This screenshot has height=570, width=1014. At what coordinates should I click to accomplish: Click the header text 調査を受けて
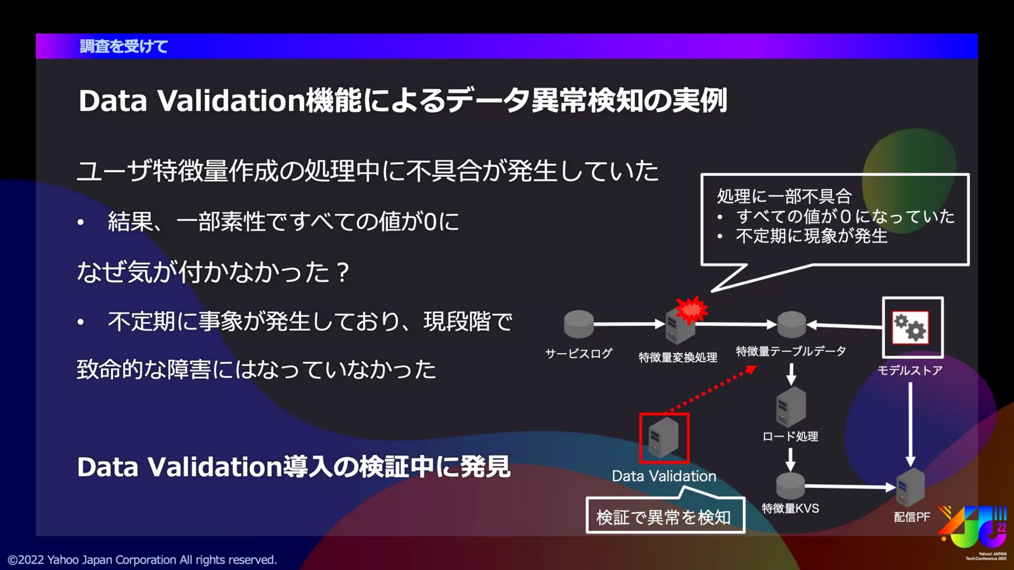point(124,47)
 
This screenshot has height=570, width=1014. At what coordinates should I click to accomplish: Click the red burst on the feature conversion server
point(692,310)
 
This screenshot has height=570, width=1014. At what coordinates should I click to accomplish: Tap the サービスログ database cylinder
point(578,325)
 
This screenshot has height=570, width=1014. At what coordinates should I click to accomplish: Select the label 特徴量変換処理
point(678,357)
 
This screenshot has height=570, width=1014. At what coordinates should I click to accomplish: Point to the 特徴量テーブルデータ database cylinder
point(791,325)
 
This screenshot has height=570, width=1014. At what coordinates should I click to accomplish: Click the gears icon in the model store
point(910,327)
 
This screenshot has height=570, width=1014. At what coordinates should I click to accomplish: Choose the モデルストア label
point(910,370)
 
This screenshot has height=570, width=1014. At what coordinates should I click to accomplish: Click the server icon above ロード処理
point(791,407)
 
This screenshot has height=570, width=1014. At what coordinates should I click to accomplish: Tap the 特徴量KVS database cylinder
point(790,486)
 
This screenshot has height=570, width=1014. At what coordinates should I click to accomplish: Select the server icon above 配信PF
point(911,487)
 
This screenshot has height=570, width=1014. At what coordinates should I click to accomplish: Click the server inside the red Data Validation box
point(663,437)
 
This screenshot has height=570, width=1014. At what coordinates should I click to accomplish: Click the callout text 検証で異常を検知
point(663,518)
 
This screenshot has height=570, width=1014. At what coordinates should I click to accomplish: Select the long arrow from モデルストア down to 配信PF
point(910,423)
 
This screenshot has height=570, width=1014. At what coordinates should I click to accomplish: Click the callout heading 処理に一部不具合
point(784,196)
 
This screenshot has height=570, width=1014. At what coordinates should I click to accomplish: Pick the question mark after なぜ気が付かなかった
point(342,272)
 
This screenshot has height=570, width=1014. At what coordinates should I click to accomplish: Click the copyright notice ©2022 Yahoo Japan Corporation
point(143,560)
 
